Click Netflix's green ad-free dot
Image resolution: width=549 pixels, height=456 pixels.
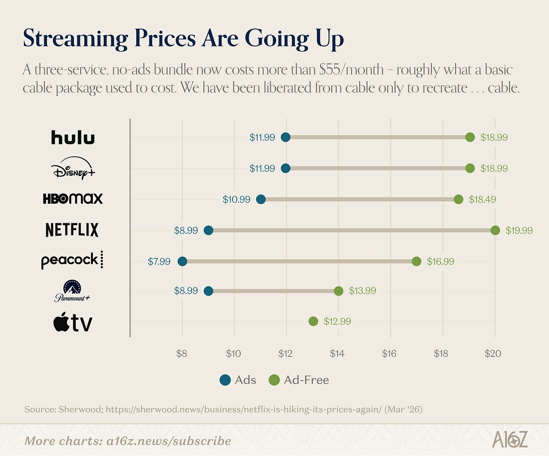495,230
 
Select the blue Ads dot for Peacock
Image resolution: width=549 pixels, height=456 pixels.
182,261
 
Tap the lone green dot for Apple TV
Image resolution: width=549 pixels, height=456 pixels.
313,321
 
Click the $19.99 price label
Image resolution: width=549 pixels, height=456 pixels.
519,230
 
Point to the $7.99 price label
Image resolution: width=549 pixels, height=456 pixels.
160,261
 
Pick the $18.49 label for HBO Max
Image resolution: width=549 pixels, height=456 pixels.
482,199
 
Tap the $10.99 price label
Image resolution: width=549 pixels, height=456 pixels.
236,199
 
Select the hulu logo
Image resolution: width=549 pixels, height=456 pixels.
73,137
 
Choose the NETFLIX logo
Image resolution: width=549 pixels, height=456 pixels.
72,230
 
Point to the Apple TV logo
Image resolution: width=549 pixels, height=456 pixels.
73,323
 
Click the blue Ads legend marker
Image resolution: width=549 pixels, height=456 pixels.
225,380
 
